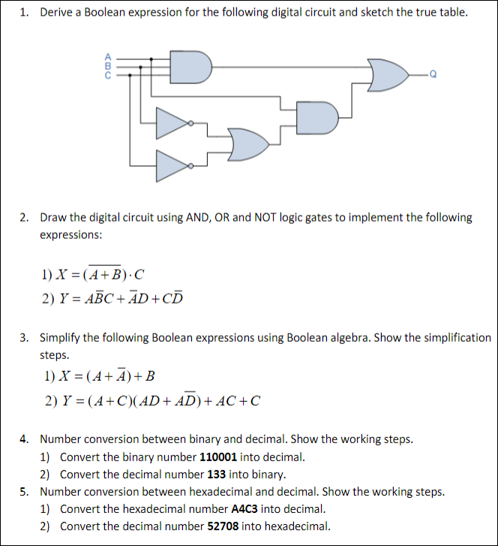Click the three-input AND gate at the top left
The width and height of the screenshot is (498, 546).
tap(189, 67)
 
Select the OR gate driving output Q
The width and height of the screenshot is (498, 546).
tap(388, 74)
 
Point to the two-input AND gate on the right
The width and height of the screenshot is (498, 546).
tap(318, 116)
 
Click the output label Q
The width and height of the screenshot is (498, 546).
tap(434, 74)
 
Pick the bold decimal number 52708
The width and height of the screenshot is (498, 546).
tap(223, 526)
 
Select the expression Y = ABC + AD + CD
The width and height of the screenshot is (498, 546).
tap(112, 299)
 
